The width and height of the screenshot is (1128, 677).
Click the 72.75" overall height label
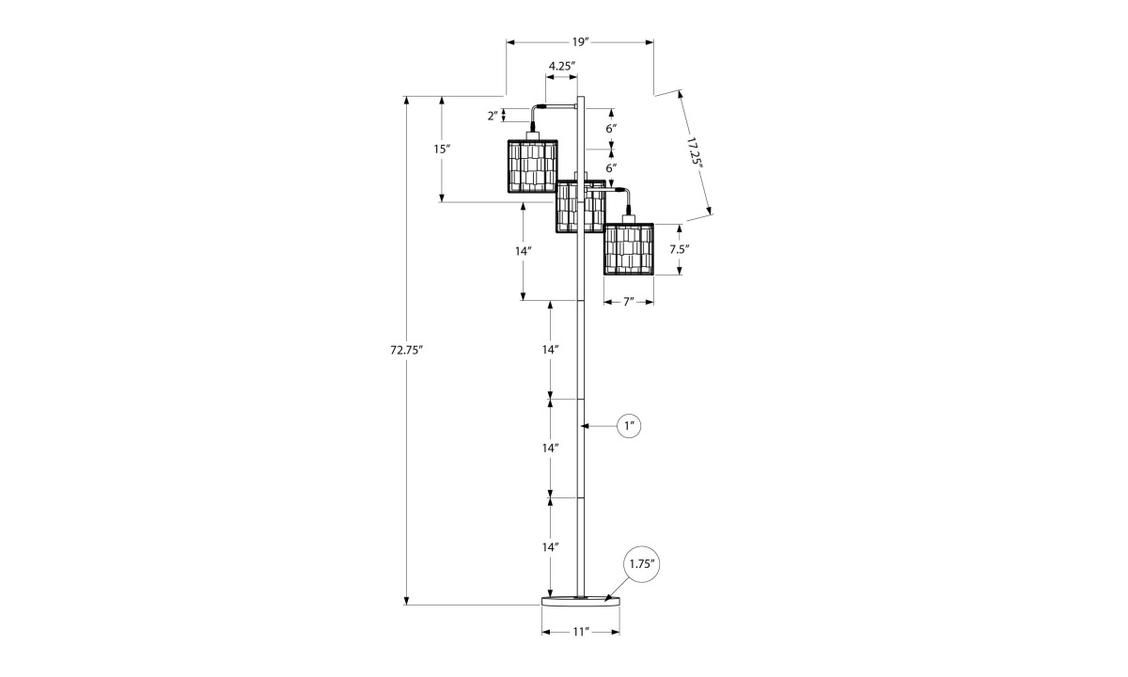click(x=407, y=350)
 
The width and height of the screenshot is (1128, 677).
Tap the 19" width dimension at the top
click(x=579, y=42)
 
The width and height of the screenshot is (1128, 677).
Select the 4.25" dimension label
click(x=561, y=66)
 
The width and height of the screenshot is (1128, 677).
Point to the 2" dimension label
click(x=492, y=116)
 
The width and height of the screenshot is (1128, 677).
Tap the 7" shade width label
click(x=627, y=302)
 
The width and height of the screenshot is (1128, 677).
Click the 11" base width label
click(x=580, y=632)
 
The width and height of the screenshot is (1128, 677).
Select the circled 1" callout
click(x=630, y=426)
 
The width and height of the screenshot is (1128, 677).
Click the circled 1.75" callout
click(x=640, y=564)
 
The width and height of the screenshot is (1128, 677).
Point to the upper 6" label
click(x=611, y=128)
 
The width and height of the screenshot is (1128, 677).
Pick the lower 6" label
click(x=611, y=167)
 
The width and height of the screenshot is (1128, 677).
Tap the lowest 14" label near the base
click(x=551, y=546)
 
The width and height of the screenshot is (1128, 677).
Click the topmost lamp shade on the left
click(x=533, y=166)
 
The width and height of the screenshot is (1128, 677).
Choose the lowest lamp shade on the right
click(x=628, y=249)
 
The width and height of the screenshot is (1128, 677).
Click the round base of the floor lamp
click(x=580, y=600)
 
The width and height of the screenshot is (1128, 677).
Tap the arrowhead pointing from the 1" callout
click(x=586, y=426)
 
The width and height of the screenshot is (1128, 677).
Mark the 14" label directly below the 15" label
click(x=524, y=251)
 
